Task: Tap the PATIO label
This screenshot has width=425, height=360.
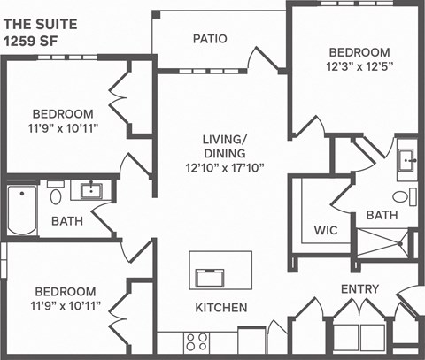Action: pyautogui.click(x=210, y=39)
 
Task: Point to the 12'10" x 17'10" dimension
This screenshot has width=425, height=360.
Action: pyautogui.click(x=224, y=166)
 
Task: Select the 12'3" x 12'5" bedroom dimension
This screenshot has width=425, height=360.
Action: pyautogui.click(x=359, y=65)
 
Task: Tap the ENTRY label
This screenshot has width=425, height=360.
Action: pyautogui.click(x=359, y=289)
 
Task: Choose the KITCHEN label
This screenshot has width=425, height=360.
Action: pyautogui.click(x=220, y=308)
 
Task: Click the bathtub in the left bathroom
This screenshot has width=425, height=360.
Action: pyautogui.click(x=19, y=211)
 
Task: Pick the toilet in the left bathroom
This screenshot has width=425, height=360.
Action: pyautogui.click(x=56, y=195)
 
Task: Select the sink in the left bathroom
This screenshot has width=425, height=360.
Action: pyautogui.click(x=89, y=190)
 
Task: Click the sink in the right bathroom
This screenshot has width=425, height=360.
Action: pyautogui.click(x=406, y=161)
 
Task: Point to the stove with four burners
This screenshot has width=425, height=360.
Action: pyautogui.click(x=197, y=341)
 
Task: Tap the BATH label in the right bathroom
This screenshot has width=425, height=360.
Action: pyautogui.click(x=382, y=215)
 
